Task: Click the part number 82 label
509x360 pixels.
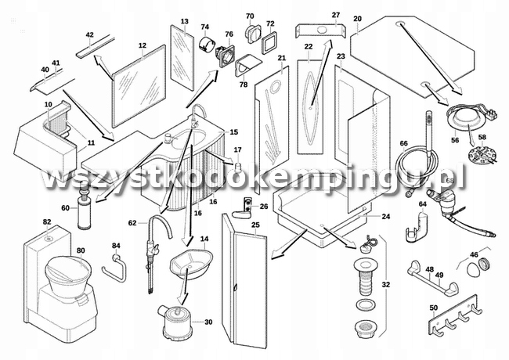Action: tap(47, 221)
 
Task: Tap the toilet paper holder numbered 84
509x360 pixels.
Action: tap(115, 268)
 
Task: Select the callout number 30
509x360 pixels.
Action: tap(208, 322)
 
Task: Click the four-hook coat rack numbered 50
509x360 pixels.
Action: tap(454, 315)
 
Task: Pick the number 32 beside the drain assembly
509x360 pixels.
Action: tap(385, 285)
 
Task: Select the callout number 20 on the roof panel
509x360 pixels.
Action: tap(357, 19)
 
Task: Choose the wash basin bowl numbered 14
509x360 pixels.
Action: tap(191, 264)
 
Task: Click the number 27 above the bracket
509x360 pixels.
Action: tap(336, 15)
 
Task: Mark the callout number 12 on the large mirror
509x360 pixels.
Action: tap(143, 45)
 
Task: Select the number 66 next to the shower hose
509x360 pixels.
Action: tap(403, 143)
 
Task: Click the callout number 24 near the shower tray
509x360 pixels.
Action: tap(385, 216)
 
